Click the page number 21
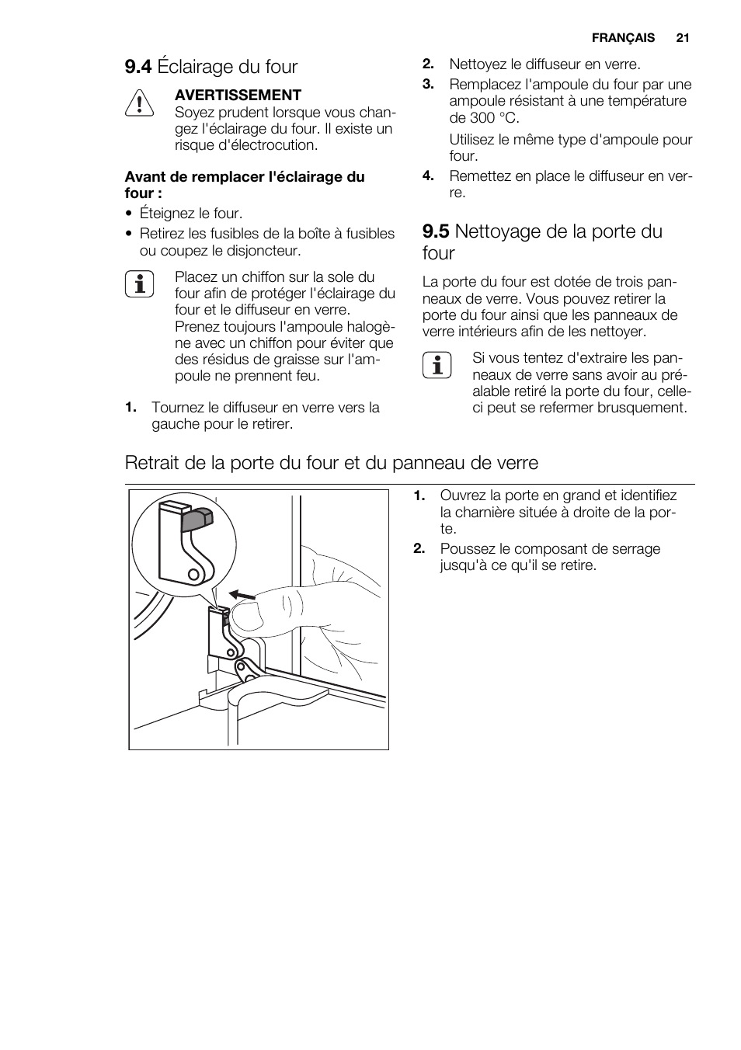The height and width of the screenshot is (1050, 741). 683,37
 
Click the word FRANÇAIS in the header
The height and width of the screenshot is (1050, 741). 623,37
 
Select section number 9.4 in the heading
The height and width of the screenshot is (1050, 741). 138,67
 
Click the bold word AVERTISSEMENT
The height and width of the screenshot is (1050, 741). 238,95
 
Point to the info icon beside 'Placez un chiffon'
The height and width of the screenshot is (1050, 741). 139,283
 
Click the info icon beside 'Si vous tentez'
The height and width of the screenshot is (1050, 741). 437,364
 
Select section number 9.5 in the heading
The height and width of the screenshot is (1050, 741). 436,231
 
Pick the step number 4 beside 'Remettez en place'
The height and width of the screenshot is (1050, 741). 427,176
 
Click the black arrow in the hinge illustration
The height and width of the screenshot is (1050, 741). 242,596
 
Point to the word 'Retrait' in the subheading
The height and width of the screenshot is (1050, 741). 152,463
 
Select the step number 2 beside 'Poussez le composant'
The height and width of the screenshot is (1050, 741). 419,549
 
